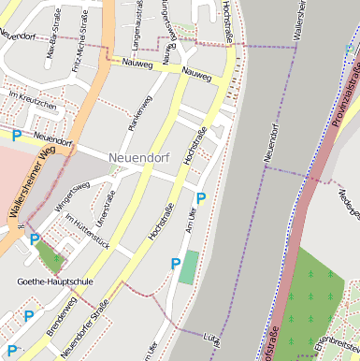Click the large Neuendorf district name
click(x=138, y=157)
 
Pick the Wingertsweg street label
click(x=71, y=197)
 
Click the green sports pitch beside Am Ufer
click(x=190, y=267)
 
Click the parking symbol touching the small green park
click(x=35, y=240)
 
